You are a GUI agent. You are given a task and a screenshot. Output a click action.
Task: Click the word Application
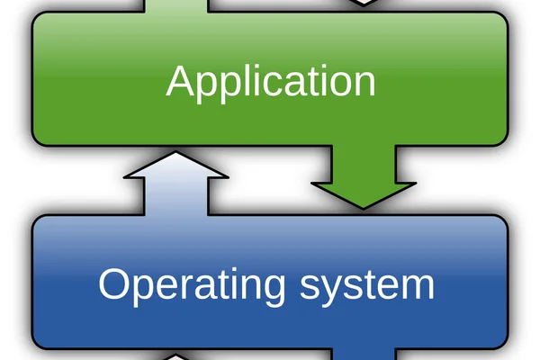[271, 84]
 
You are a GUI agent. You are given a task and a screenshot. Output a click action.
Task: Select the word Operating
[192, 286]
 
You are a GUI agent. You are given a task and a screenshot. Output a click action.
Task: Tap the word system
[367, 286]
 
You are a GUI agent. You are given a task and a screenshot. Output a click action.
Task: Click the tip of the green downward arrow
[364, 209]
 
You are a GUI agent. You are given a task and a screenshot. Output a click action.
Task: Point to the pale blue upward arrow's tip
[175, 151]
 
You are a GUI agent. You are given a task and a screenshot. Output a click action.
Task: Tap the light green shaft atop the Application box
[176, 6]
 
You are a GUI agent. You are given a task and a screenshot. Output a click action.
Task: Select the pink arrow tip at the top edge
[364, 5]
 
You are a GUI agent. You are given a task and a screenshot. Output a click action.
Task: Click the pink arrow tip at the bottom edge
[175, 355]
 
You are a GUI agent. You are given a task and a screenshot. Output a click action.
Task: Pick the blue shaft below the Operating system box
[364, 354]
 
